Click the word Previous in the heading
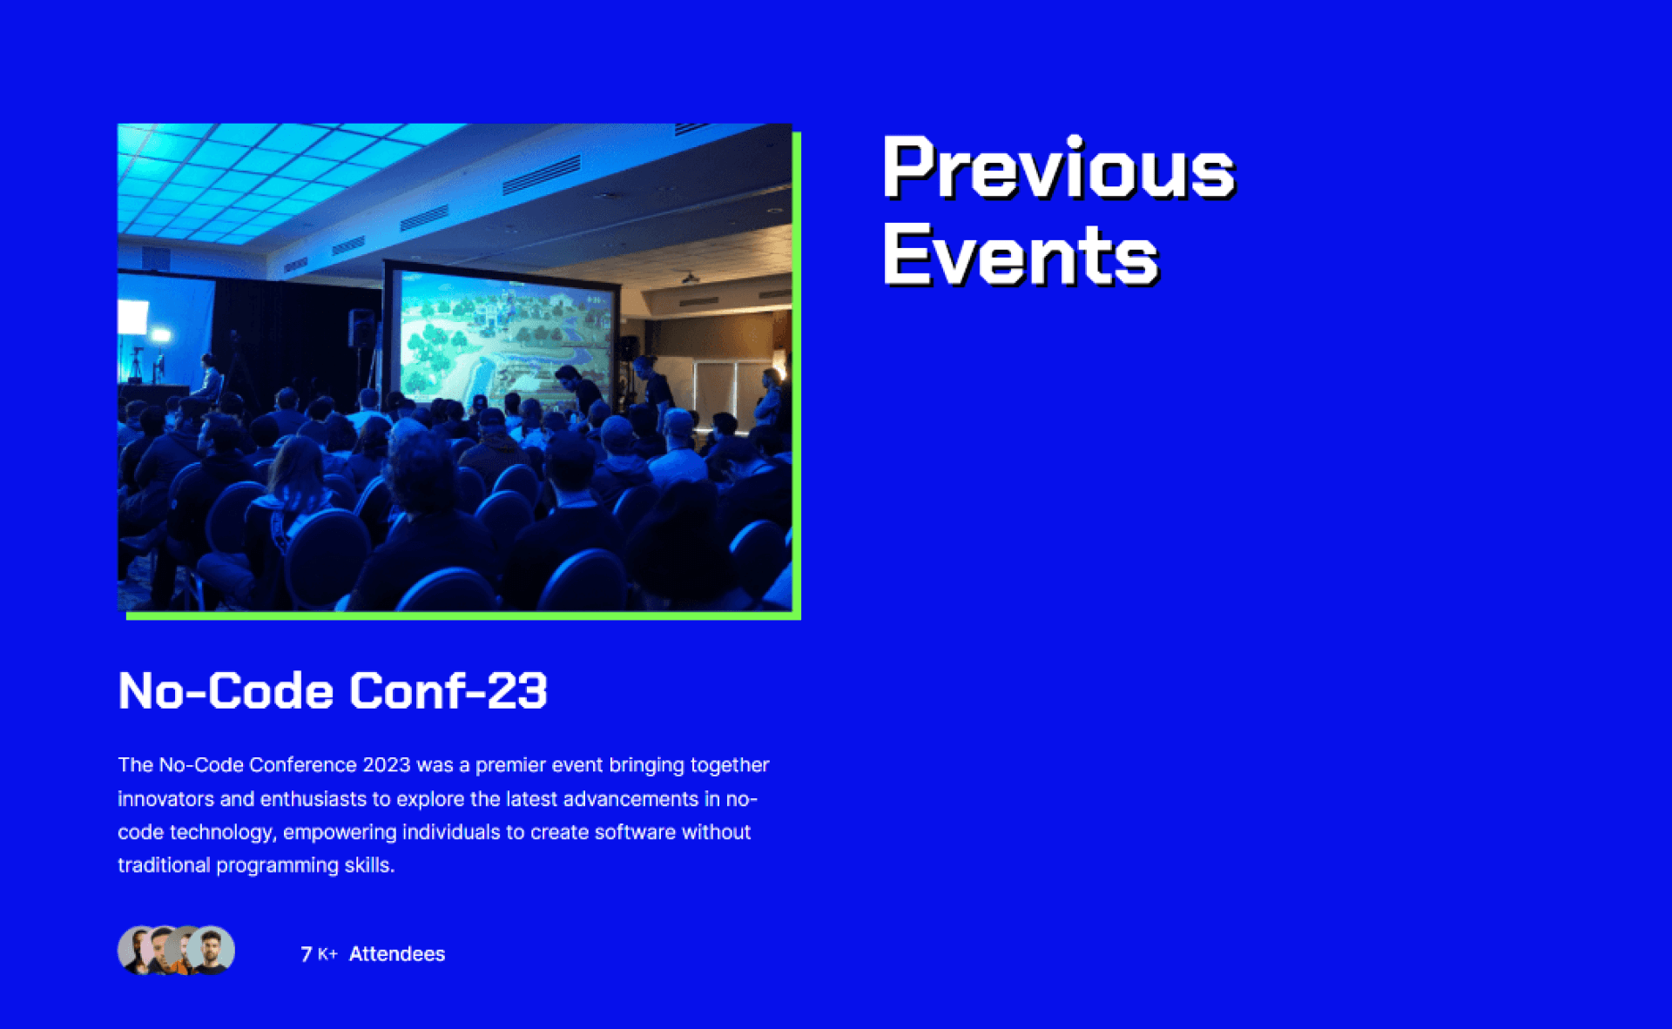click(x=1058, y=167)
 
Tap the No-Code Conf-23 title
click(x=333, y=690)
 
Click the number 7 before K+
click(x=307, y=954)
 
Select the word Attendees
click(x=397, y=954)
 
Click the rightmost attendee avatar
click(x=212, y=950)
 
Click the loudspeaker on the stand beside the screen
click(x=361, y=328)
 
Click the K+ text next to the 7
click(x=327, y=955)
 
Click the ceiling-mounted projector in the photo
click(x=690, y=279)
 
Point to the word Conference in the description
click(x=303, y=765)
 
